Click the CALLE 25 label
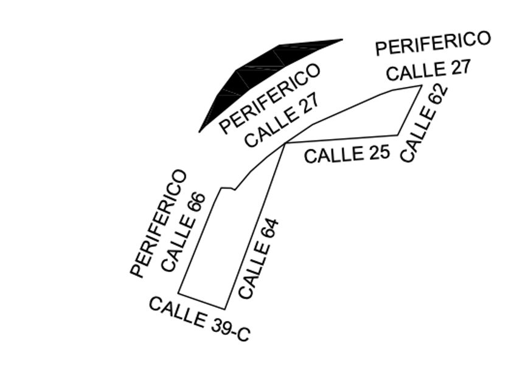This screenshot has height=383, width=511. pos(346,153)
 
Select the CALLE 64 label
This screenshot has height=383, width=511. pos(259,258)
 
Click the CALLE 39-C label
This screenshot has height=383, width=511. pos(199,319)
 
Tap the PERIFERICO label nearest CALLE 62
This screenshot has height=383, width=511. pos(433,43)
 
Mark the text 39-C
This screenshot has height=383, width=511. pos(230,328)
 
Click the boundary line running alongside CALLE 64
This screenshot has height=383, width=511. pos(255,225)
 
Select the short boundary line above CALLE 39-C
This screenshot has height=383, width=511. pos(202,300)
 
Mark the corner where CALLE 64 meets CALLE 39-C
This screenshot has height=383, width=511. pos(226,309)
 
